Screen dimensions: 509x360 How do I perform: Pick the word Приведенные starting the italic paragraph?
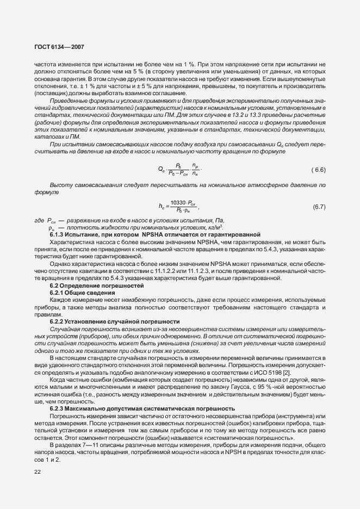tap(69, 102)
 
